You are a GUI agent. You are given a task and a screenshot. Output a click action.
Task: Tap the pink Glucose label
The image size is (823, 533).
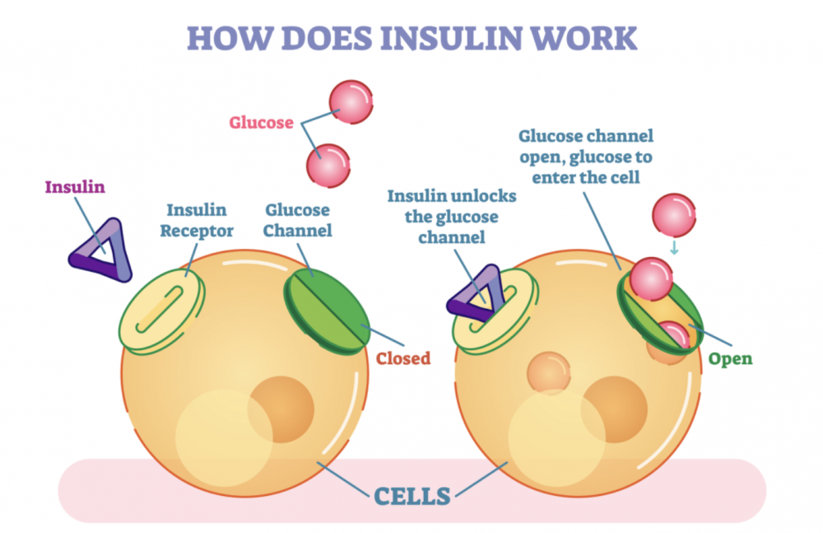click(x=261, y=124)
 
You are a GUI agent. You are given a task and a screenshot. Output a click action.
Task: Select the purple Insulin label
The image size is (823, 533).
click(x=74, y=186)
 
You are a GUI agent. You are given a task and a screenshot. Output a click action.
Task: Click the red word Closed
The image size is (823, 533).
click(x=403, y=358)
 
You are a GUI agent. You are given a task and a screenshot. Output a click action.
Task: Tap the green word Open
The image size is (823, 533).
click(x=731, y=359)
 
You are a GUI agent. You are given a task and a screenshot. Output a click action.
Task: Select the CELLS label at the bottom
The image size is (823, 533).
click(x=411, y=496)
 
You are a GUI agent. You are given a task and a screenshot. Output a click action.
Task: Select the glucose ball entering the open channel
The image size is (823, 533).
click(x=652, y=278)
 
